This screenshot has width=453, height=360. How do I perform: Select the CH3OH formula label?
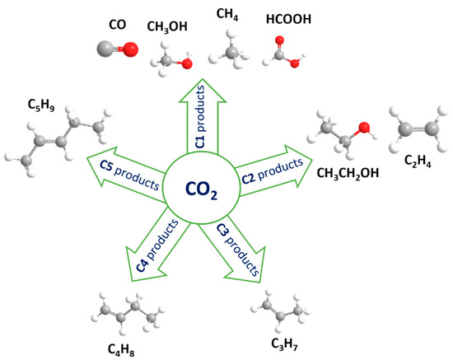click(167, 28)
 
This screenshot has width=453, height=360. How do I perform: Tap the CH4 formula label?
click(226, 14)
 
